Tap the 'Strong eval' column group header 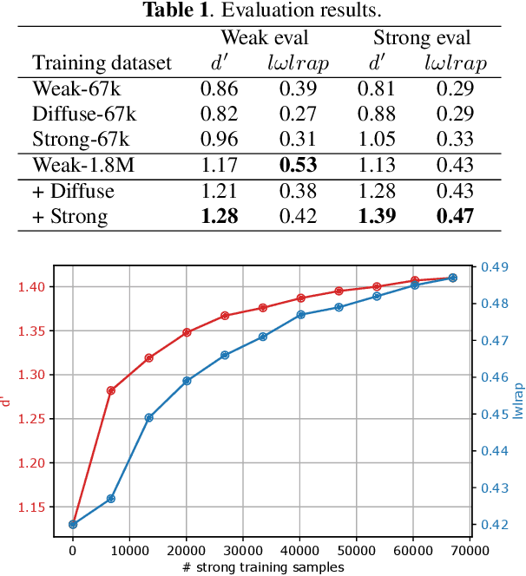422,38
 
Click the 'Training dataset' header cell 102,63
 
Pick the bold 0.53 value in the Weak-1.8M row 297,165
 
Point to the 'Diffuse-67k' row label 84,114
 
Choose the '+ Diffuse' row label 71,191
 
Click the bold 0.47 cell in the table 455,217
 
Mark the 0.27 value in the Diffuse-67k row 297,114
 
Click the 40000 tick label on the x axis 299,550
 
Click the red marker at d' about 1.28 110,390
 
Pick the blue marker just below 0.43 110,499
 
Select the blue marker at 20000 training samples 187,381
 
